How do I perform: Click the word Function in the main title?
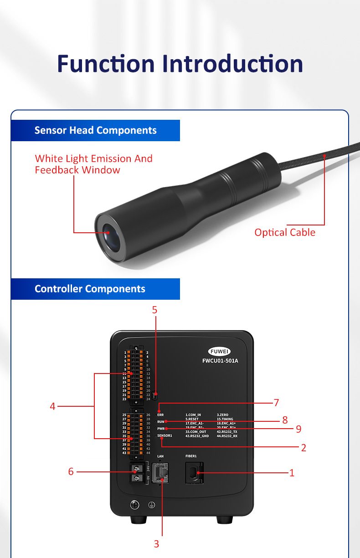[106, 64]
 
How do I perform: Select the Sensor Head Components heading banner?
[95, 130]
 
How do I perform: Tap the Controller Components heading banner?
[90, 289]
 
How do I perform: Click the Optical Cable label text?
[285, 232]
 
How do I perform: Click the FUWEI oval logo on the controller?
[220, 352]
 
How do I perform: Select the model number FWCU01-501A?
[220, 361]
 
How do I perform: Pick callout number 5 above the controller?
[154, 310]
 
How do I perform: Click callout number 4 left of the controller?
[52, 406]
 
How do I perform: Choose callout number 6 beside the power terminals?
[71, 471]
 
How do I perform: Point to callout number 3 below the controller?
[156, 544]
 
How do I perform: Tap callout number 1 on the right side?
[292, 473]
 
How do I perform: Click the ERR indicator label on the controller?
[160, 415]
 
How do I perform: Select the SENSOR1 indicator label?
[165, 436]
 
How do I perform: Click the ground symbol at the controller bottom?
[151, 505]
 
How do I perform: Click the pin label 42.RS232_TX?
[227, 432]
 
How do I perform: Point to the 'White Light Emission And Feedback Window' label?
[93, 164]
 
